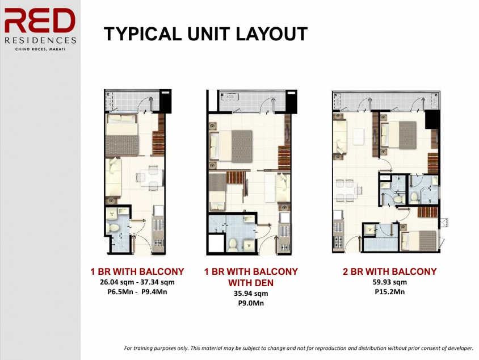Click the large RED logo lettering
coord(40,22)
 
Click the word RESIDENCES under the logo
coord(40,40)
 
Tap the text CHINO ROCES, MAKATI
coord(40,49)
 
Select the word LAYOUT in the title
coord(269,35)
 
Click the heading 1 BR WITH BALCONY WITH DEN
coord(250,277)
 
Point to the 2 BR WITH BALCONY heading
coord(389,271)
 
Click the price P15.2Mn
coord(389,291)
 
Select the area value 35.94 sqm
coord(250,294)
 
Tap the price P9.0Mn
coord(250,303)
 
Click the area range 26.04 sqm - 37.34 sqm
coord(137,282)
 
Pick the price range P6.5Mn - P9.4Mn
coord(137,292)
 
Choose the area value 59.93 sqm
coord(389,282)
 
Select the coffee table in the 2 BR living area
coord(358,137)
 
